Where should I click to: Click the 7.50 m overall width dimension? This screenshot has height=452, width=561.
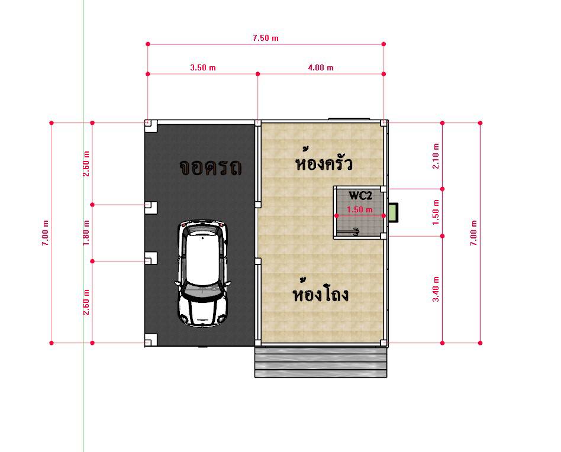click(265, 38)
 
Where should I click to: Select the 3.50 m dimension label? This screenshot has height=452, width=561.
click(202, 67)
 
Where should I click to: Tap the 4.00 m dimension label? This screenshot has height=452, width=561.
click(320, 67)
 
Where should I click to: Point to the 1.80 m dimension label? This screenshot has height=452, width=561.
click(86, 233)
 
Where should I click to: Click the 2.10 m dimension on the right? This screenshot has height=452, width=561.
click(436, 156)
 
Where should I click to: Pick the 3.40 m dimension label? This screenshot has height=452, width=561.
click(436, 289)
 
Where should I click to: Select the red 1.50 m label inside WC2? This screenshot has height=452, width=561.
click(359, 209)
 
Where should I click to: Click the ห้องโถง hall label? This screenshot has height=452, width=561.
click(321, 294)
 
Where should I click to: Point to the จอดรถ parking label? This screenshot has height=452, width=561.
click(210, 168)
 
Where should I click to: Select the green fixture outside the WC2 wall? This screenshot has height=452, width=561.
click(393, 212)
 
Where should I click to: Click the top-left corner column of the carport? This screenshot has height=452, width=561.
click(150, 125)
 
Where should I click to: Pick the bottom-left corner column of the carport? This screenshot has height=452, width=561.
click(150, 340)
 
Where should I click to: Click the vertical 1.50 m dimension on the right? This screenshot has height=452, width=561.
click(436, 212)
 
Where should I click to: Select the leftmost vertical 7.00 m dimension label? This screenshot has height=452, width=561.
click(46, 233)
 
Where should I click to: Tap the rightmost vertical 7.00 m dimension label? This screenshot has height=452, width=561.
click(473, 233)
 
